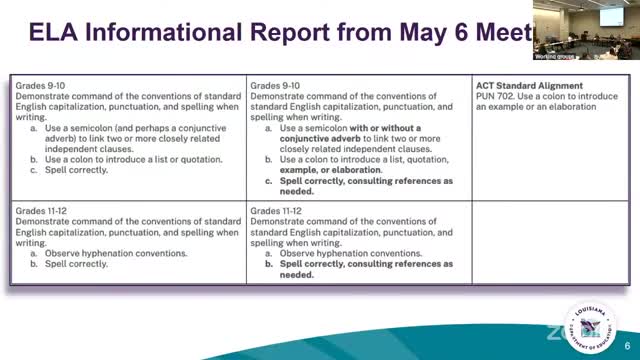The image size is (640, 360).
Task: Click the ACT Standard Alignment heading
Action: (528, 87)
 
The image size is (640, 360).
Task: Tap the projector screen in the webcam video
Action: (580, 15)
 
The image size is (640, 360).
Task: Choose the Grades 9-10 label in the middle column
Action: (274, 87)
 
